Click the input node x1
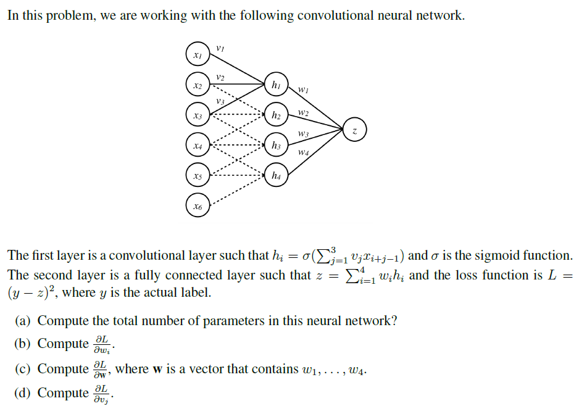tap(197, 55)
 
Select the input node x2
tap(197, 85)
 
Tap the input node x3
tap(197, 115)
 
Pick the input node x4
tap(197, 146)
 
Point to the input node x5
tap(197, 176)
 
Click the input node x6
tap(197, 206)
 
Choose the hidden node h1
tap(276, 85)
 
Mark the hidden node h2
tap(276, 115)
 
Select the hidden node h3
tap(276, 146)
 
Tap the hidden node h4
tap(276, 176)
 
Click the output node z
tap(354, 130)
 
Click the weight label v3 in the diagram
tap(220, 101)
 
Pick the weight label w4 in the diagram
tap(303, 152)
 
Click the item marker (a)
tap(23, 321)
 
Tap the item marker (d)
tap(23, 393)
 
